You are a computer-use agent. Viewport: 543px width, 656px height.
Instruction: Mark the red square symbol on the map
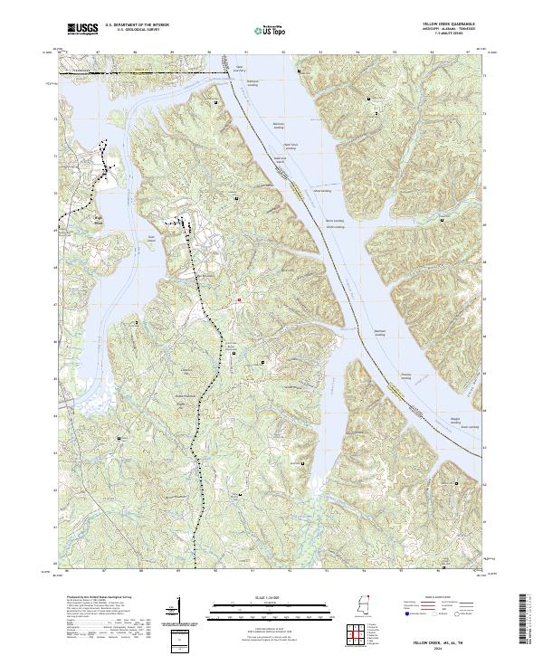click(239, 300)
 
